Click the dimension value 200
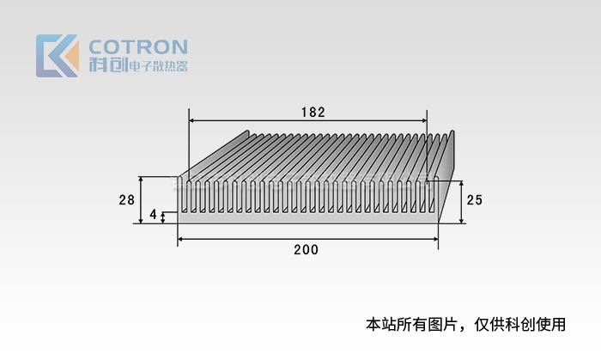(x=306, y=250)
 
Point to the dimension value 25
(x=474, y=200)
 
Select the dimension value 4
(x=154, y=214)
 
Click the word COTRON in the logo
(x=137, y=46)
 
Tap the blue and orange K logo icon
(x=57, y=56)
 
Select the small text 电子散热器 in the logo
(x=156, y=66)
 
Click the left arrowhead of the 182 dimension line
(x=192, y=121)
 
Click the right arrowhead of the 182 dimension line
(x=423, y=121)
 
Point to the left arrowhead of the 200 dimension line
(x=181, y=238)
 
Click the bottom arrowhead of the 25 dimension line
(x=461, y=220)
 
